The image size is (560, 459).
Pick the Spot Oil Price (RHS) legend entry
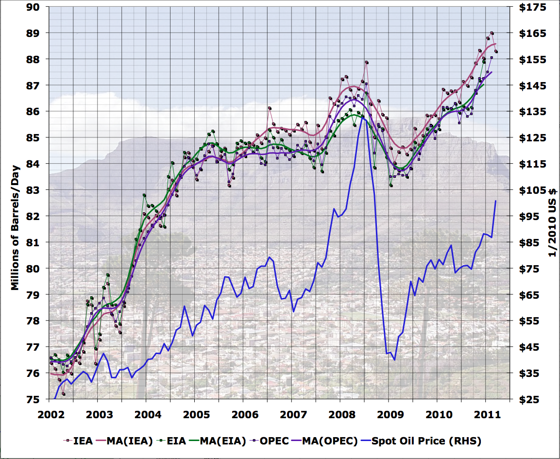click(x=426, y=441)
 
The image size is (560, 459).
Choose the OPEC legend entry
click(x=275, y=441)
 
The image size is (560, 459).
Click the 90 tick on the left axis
click(x=35, y=7)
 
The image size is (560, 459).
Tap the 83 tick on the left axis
click(x=35, y=190)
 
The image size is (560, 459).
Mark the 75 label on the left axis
click(x=35, y=399)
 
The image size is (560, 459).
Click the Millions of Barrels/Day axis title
click(x=15, y=203)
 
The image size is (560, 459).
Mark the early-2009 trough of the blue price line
click(x=394, y=359)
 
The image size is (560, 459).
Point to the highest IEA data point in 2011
click(x=492, y=33)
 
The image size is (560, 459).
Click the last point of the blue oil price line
click(x=495, y=201)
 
